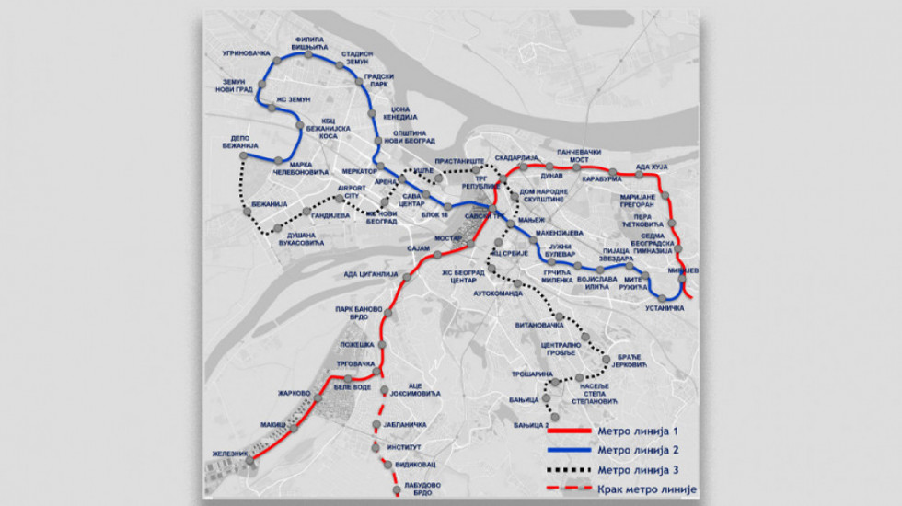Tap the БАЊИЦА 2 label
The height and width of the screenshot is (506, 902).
pyautogui.click(x=534, y=425)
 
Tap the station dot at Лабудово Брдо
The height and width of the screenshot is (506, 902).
pyautogui.click(x=396, y=491)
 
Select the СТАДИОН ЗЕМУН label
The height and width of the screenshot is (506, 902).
pyautogui.click(x=355, y=58)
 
